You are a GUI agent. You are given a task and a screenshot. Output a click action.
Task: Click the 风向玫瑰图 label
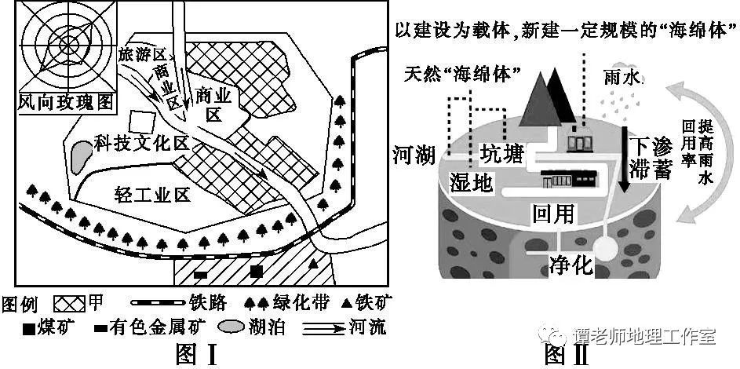tap(66, 102)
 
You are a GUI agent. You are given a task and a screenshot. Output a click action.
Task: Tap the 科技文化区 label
tap(140, 144)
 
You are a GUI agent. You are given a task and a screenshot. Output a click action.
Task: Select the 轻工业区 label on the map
tap(152, 194)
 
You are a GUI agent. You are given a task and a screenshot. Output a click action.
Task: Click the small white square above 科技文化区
tap(142, 122)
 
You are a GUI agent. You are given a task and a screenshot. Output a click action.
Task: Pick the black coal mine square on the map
tap(257, 272)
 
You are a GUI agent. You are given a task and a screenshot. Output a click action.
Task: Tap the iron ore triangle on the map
tap(312, 265)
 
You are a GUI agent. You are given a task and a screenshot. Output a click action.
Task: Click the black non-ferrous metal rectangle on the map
tap(201, 274)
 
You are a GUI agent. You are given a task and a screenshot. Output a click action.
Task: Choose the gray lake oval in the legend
tap(232, 327)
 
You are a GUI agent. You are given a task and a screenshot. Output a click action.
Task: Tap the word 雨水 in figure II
tap(624, 78)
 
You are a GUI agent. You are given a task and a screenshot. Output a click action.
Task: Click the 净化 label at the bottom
tap(570, 265)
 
